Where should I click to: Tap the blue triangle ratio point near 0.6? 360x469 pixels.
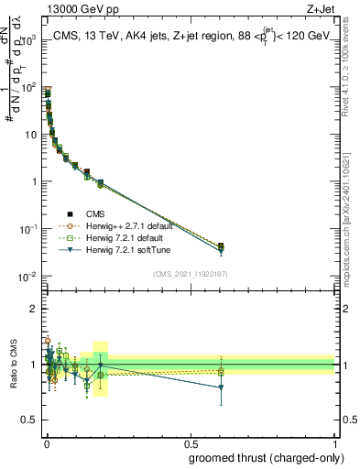coord(221,387)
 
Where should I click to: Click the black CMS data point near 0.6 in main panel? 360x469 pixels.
coord(221,246)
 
